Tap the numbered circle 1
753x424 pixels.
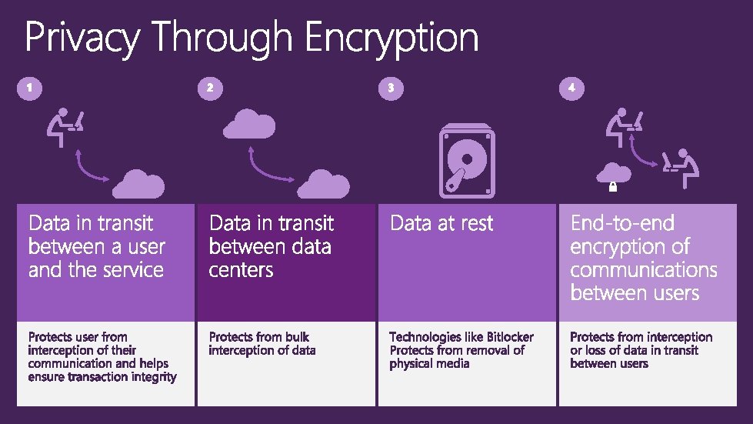point(28,88)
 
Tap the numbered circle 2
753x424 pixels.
point(209,88)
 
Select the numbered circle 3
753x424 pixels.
point(390,88)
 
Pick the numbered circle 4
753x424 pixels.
point(571,88)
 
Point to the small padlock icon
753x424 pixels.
point(613,186)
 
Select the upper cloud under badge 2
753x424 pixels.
point(249,123)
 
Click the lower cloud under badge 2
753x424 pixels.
point(323,184)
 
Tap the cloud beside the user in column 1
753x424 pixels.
point(139,184)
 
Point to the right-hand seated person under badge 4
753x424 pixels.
point(681,165)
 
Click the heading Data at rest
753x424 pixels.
point(441,223)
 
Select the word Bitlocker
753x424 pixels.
point(510,337)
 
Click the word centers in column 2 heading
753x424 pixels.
point(241,270)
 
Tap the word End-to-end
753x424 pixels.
point(621,223)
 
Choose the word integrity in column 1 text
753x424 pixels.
point(151,377)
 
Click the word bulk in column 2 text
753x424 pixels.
point(296,337)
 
